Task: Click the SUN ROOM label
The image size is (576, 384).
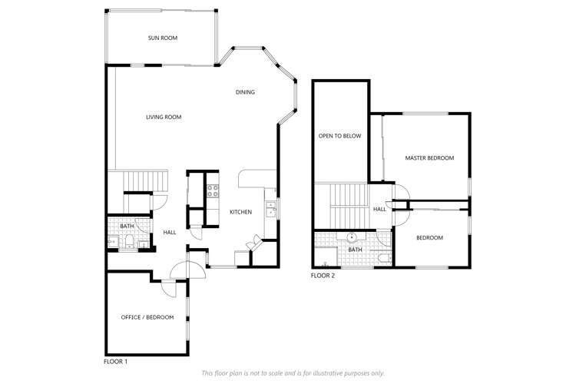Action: [163, 37]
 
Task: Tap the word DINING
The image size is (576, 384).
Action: [245, 92]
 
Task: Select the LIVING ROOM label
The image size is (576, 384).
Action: [164, 117]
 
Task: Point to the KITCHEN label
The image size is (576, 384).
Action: [240, 212]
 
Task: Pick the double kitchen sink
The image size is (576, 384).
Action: [270, 209]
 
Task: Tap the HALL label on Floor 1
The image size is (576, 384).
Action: [170, 233]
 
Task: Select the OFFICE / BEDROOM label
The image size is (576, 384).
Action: [147, 317]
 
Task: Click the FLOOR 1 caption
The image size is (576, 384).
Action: [115, 361]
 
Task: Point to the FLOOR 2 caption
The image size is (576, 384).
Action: [323, 275]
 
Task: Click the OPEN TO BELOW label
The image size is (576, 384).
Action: [339, 136]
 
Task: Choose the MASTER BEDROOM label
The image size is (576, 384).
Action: [429, 157]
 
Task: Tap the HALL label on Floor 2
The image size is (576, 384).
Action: [380, 209]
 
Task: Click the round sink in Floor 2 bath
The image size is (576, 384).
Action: [353, 237]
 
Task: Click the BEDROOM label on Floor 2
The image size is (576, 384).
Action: [429, 237]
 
